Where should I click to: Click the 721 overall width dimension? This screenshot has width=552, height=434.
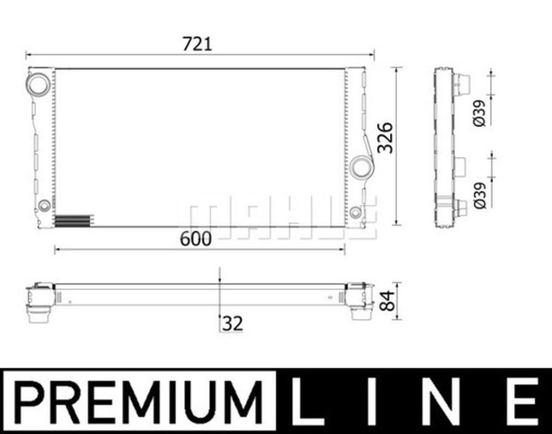point(197,44)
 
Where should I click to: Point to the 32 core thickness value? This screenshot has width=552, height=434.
point(232,323)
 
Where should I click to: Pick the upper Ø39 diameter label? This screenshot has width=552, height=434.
point(480,113)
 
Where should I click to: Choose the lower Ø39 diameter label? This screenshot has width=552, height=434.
point(480,195)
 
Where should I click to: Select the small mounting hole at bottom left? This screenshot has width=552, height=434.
point(44,206)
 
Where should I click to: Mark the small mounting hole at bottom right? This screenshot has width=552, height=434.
point(355,212)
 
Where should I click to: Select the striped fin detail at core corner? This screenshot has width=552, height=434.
point(73,220)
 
